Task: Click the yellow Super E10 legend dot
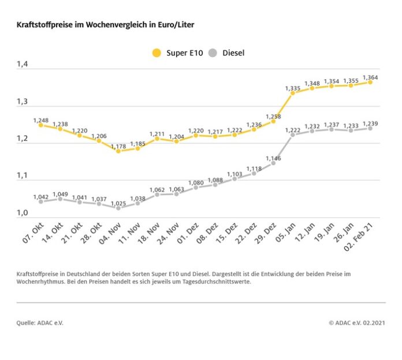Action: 157,53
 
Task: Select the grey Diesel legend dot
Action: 213,53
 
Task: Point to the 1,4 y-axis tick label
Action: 23,65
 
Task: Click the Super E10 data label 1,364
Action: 371,77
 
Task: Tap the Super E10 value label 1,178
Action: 118,146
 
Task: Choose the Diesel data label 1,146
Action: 273,158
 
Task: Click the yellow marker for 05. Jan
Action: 293,93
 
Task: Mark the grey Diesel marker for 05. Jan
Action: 293,135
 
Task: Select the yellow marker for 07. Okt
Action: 41,125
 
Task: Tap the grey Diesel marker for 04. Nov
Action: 118,207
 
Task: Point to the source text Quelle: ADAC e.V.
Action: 40,322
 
